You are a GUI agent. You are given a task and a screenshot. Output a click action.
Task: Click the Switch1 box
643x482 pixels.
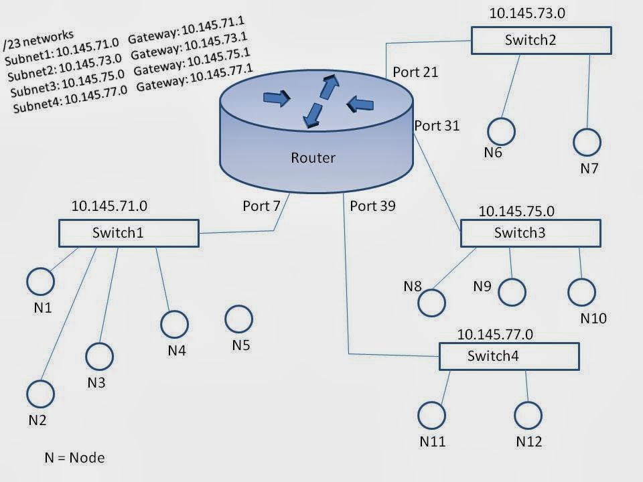pos(129,232)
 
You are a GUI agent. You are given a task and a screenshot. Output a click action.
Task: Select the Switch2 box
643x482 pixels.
pos(541,40)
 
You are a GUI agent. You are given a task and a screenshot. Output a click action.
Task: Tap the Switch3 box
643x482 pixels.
pos(530,233)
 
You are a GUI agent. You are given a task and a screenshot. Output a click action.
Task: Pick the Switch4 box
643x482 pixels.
pos(509,355)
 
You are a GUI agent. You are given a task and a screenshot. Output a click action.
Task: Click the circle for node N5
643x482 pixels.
pos(238,319)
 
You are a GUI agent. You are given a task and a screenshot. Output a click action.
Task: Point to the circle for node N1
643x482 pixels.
pos(40,280)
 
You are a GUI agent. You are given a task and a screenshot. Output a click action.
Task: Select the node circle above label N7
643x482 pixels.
pos(587,142)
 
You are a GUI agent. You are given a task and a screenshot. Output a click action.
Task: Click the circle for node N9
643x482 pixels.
pos(512,292)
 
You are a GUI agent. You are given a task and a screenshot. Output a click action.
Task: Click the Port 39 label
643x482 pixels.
pos(372,206)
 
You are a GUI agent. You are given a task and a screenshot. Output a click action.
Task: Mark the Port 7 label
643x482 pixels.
pos(261,206)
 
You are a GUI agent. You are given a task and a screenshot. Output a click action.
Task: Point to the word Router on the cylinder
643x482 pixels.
pos(313,159)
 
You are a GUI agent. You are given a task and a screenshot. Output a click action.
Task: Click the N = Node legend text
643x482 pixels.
pos(74,458)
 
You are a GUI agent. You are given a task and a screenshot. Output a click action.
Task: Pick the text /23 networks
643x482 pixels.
pos(39,39)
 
